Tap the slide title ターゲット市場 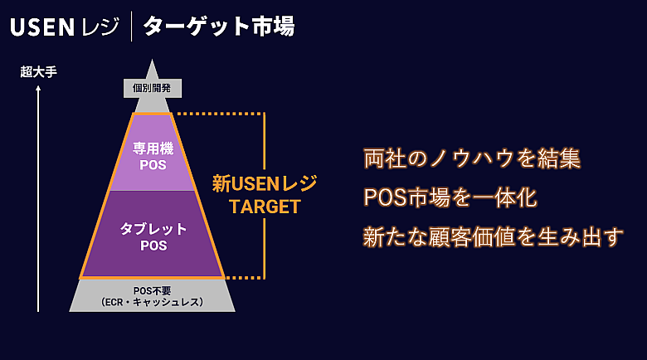tap(218, 27)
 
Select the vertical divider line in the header tap(130, 27)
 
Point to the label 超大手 tap(38, 72)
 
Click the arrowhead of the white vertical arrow tap(38, 89)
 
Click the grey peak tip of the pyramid tap(152, 68)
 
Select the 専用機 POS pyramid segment tap(153, 155)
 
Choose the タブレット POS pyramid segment tap(153, 236)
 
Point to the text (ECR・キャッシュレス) tap(153, 303)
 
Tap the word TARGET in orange tap(265, 207)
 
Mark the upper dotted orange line tap(220, 114)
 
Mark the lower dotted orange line tap(244, 278)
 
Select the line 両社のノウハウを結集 tap(471, 158)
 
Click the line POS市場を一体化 tap(450, 198)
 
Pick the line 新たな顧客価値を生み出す tap(493, 238)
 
